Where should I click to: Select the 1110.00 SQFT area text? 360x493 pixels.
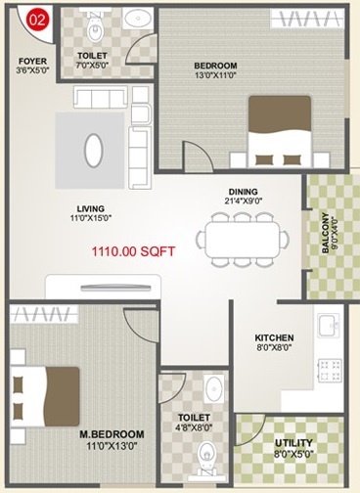(x=133, y=251)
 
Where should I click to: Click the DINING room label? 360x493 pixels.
(x=244, y=192)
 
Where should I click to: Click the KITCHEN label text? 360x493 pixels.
(x=275, y=338)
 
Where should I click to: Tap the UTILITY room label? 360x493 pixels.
(x=293, y=443)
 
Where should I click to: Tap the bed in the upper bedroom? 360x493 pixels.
(x=279, y=131)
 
